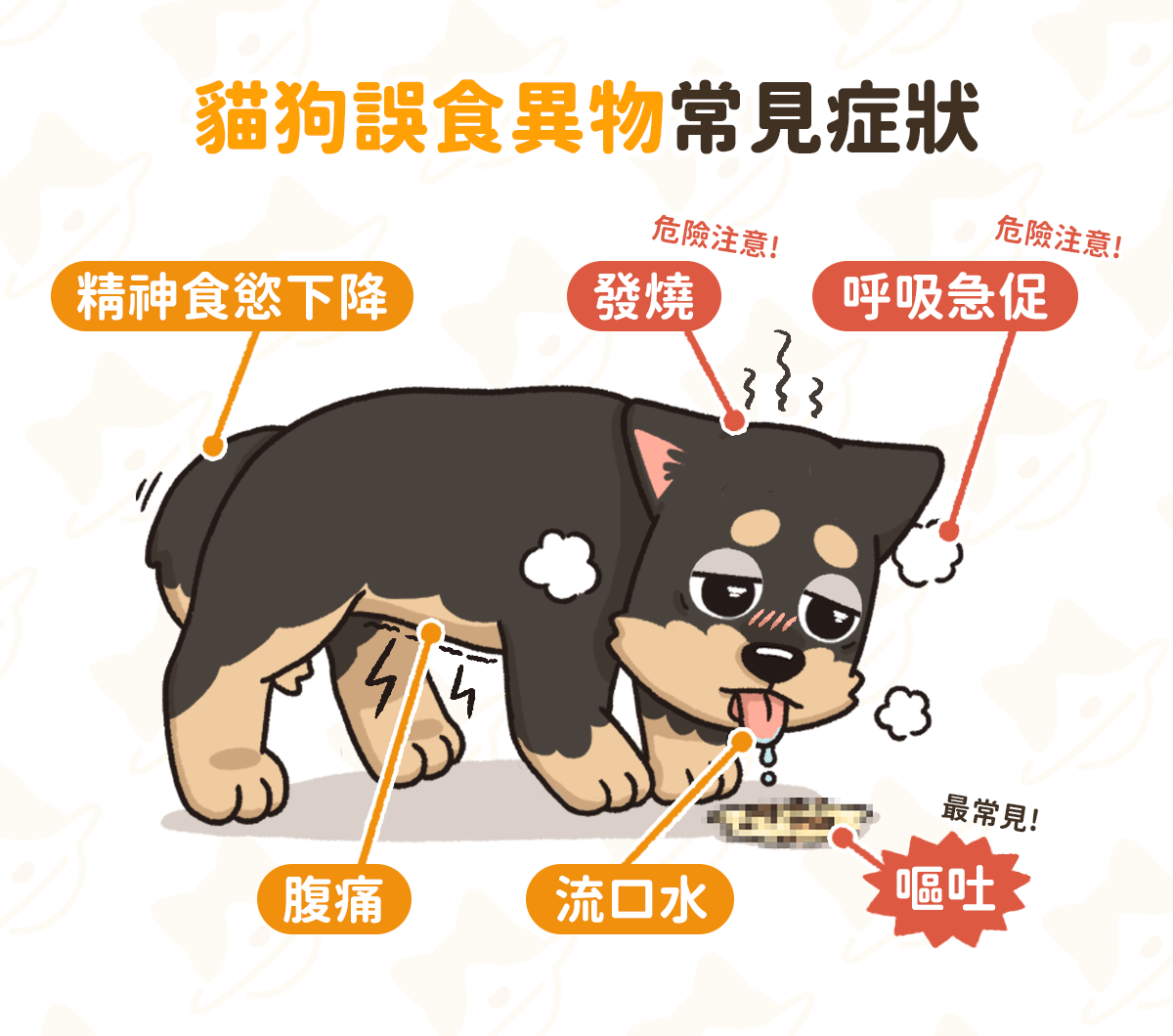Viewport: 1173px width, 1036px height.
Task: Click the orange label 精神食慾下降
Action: [232, 296]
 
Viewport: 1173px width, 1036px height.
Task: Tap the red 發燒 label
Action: [644, 296]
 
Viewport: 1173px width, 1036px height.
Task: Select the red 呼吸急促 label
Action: [945, 296]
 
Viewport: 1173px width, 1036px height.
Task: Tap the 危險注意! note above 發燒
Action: [716, 237]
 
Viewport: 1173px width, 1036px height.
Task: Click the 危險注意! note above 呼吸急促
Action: [1059, 237]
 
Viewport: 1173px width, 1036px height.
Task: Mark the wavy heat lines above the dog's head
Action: [782, 376]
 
